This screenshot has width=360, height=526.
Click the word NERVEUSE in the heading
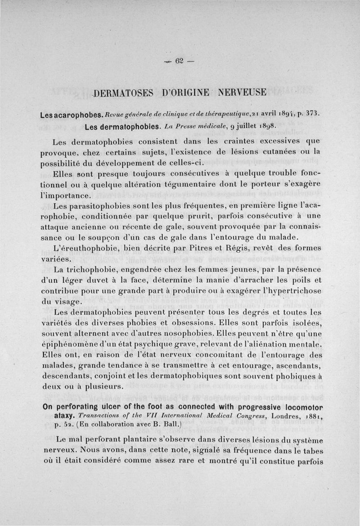point(243,93)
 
